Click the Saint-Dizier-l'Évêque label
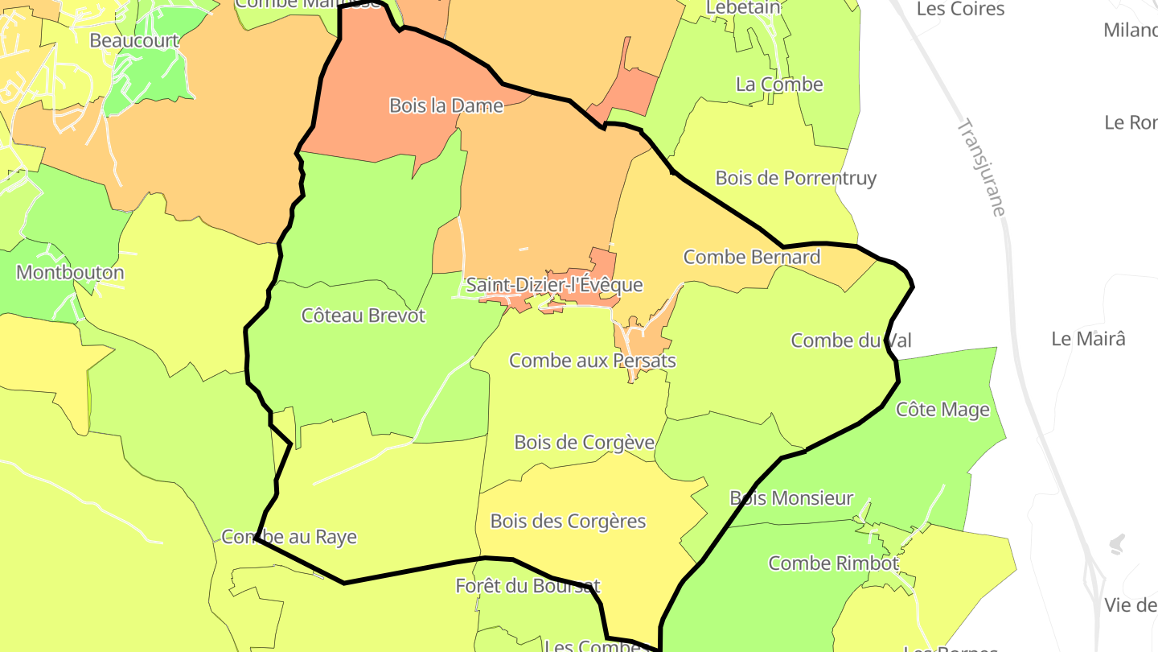coord(554,285)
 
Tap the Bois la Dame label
coord(446,105)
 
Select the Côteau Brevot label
coord(363,316)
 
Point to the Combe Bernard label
coord(751,257)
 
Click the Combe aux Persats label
coord(593,361)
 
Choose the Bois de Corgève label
coord(584,443)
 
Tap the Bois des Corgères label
coord(568,522)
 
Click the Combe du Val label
coord(851,340)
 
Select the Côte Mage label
coord(942,410)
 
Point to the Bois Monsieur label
coord(790,498)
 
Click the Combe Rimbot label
coord(833,563)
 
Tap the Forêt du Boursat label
coord(528,586)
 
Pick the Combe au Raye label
coord(289,537)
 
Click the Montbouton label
coord(70,272)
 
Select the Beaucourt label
coord(134,39)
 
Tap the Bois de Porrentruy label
coord(795,178)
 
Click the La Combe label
coord(779,85)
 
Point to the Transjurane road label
coord(982,167)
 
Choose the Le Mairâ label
coord(1088,339)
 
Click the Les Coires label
coord(960,9)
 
